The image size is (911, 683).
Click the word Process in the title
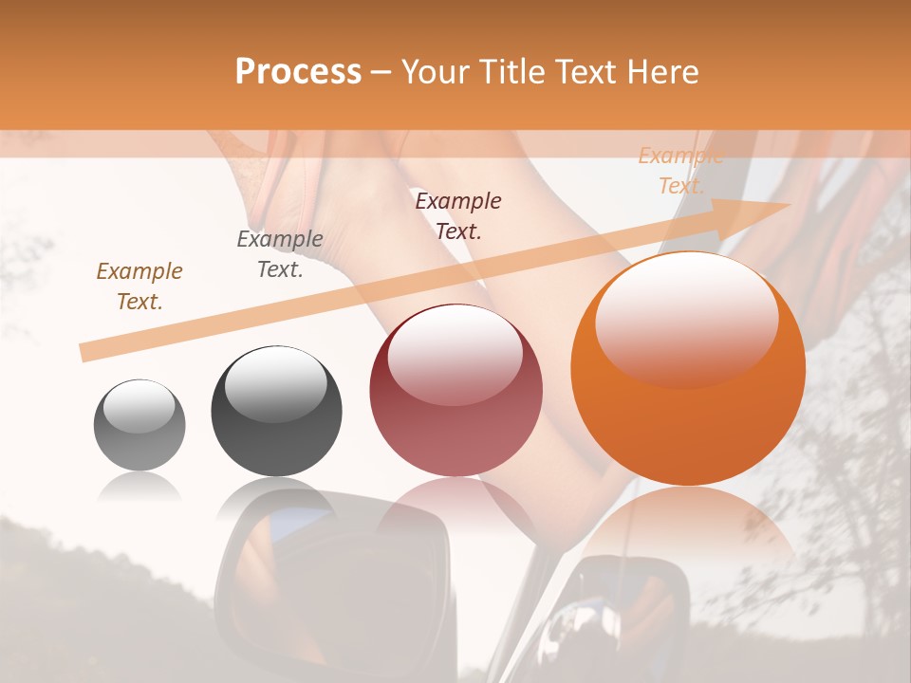[298, 72]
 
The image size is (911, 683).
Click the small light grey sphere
[139, 425]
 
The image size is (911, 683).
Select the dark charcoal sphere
[276, 411]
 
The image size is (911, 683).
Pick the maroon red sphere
[455, 390]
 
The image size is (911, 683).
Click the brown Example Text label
[139, 286]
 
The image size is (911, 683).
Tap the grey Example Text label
[280, 253]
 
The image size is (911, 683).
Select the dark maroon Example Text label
[458, 215]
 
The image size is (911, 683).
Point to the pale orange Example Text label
[680, 171]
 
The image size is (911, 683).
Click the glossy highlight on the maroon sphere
[455, 353]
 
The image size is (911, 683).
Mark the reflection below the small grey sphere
[139, 488]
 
